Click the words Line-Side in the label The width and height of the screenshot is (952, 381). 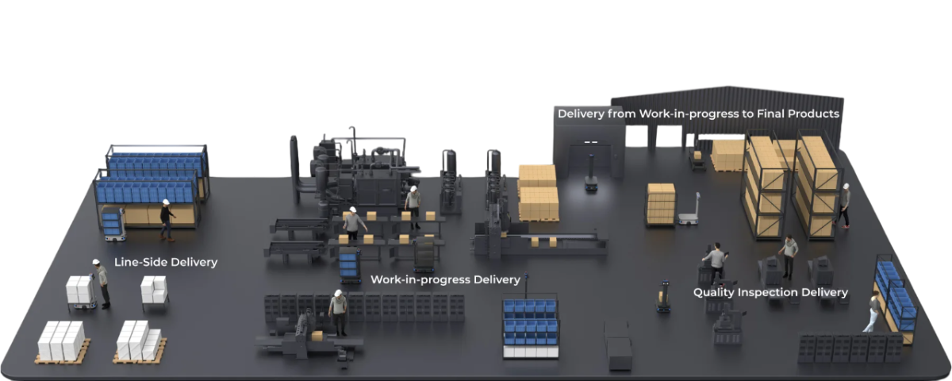(138, 262)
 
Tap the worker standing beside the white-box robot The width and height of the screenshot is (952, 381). (102, 283)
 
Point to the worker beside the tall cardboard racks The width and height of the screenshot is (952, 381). (843, 206)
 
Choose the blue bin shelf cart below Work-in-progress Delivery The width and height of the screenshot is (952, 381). (531, 325)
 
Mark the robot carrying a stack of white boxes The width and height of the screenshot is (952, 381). (81, 293)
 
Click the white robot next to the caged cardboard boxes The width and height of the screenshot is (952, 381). (689, 210)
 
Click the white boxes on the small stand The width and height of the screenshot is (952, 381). (154, 290)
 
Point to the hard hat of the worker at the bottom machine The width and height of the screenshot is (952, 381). (338, 293)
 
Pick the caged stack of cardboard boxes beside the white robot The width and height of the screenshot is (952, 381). (661, 205)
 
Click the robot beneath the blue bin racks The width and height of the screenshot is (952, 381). (113, 225)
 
